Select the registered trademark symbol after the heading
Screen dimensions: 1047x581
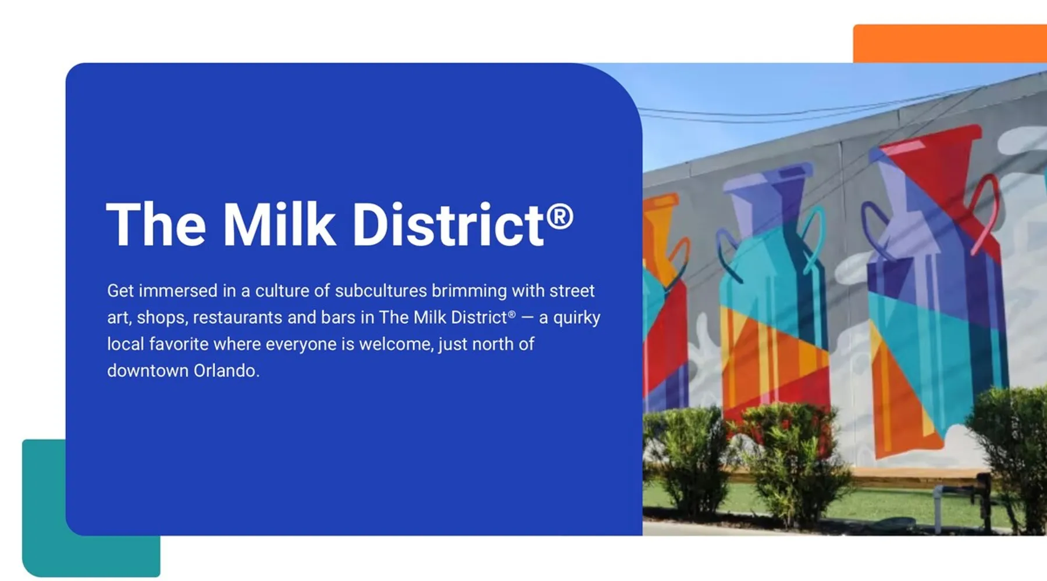[x=560, y=216]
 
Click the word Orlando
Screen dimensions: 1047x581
[x=226, y=371]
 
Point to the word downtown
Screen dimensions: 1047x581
[x=148, y=371]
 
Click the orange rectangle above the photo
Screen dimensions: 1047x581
[x=950, y=43]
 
